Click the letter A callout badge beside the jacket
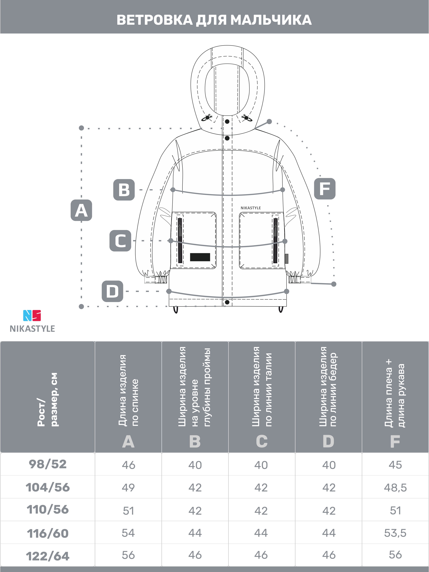pos(81,210)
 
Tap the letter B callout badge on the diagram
pos(124,190)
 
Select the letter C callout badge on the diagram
pos(120,241)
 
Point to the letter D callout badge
pos(112,291)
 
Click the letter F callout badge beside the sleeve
pos(325,189)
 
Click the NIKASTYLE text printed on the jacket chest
pos(251,208)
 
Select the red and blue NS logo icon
pos(32,315)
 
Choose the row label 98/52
pos(48,464)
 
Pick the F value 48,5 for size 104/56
pos(395,488)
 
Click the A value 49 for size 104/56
pos(128,488)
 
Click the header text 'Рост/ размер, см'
pos(48,399)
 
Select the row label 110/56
pos(48,510)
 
